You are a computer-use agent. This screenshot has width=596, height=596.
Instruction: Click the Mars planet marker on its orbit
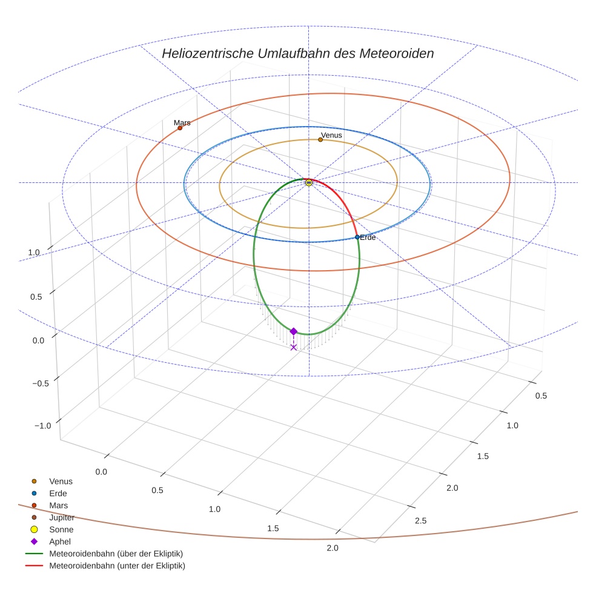[180, 128]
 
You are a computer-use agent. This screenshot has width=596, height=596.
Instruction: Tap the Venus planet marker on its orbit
[320, 140]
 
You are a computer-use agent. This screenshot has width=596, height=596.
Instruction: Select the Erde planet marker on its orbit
[357, 237]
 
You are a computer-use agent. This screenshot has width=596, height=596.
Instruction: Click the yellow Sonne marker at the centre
[309, 182]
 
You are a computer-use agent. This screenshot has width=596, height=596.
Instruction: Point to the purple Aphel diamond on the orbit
[294, 331]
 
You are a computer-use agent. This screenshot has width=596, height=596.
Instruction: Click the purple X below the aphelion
[294, 347]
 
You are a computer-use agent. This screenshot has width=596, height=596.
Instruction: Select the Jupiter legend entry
[61, 517]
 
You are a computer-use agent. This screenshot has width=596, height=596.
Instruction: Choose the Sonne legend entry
[60, 529]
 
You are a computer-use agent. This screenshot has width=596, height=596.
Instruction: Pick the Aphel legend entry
[59, 541]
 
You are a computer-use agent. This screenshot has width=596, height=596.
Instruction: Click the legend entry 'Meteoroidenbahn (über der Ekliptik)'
[116, 554]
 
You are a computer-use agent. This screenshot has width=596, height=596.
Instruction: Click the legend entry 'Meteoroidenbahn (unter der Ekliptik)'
[117, 566]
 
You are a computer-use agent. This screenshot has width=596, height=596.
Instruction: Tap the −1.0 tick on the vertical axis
[42, 426]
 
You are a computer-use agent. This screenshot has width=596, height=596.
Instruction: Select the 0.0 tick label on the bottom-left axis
[101, 471]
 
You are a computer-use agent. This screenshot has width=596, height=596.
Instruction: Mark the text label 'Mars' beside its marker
[182, 122]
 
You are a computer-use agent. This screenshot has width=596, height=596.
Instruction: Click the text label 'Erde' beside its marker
[368, 237]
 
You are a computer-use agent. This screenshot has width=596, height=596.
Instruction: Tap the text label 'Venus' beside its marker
[331, 135]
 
